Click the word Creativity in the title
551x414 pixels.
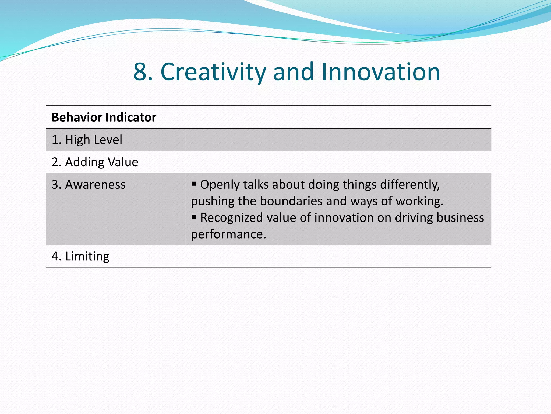(x=213, y=72)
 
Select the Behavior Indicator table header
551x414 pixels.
(x=104, y=118)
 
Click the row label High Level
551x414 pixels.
(x=87, y=140)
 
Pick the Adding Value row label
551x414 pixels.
(x=95, y=162)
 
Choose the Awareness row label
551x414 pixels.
(x=89, y=185)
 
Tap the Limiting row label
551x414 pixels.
(x=80, y=256)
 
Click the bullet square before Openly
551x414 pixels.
(x=194, y=184)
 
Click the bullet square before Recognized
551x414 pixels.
(x=194, y=217)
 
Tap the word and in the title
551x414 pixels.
(x=293, y=72)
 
